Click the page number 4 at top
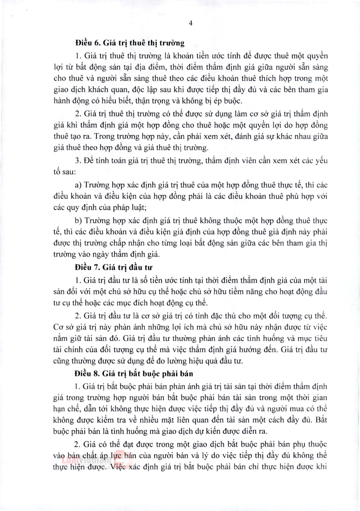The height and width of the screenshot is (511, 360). pos(191,23)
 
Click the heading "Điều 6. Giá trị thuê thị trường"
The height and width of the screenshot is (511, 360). pos(130,43)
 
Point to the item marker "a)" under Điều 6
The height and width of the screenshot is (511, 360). pos(78,185)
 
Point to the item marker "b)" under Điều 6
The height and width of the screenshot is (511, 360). pos(78,221)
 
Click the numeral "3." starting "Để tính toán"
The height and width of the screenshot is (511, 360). pos(78,161)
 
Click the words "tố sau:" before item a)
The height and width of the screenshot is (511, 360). pos(65,172)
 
